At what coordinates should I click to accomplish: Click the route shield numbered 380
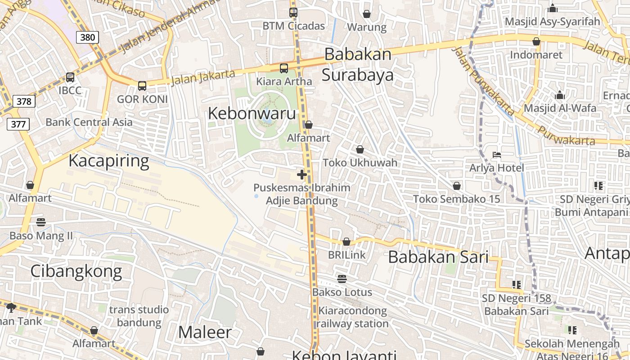(x=87, y=37)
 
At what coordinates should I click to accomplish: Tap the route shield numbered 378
(x=24, y=101)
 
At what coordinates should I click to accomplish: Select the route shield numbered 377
(x=18, y=124)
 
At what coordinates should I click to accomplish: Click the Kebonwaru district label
(x=252, y=113)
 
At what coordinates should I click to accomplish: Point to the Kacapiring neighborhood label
(x=108, y=161)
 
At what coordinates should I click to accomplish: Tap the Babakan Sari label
(x=438, y=257)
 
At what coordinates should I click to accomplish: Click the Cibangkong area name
(x=76, y=271)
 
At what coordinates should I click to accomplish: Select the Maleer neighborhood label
(x=205, y=332)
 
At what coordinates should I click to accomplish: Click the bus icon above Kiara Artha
(x=284, y=68)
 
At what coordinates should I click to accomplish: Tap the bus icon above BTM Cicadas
(x=293, y=13)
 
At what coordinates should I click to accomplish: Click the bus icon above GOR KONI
(x=142, y=85)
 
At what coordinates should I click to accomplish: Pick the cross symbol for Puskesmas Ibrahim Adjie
(x=302, y=175)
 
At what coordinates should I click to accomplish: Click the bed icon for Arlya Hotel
(x=497, y=155)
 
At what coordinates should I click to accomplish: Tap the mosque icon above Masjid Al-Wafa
(x=560, y=95)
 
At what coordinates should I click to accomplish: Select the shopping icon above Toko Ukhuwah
(x=360, y=149)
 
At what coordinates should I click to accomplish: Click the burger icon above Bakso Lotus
(x=342, y=279)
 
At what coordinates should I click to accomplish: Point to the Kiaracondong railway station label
(x=353, y=317)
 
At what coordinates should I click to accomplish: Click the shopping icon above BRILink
(x=346, y=242)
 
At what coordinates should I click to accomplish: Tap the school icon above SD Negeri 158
(x=516, y=284)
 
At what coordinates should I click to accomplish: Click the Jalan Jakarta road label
(x=203, y=77)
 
